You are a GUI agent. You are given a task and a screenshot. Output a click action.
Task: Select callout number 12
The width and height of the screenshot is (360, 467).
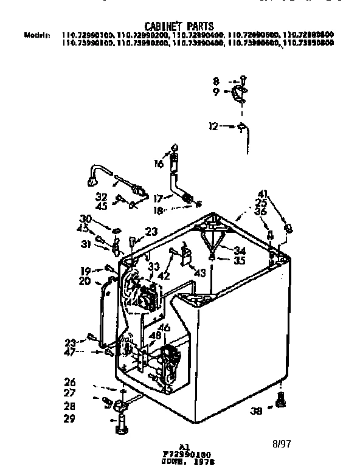(213, 126)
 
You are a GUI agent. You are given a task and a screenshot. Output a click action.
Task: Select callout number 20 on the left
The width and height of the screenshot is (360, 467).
(85, 281)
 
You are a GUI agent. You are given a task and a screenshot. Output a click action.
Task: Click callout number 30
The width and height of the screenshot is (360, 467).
(85, 219)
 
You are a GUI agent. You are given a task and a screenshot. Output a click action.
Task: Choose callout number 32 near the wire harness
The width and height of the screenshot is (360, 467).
(102, 196)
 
